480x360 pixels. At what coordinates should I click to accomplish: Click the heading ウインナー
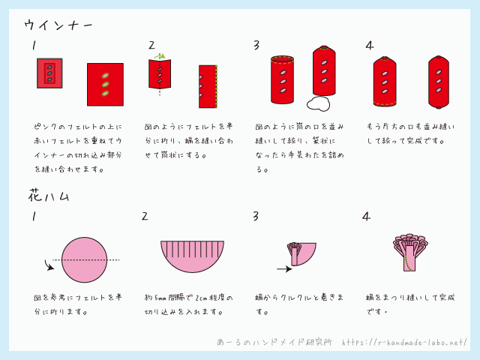coord(58,25)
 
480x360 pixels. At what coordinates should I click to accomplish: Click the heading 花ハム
coord(49,195)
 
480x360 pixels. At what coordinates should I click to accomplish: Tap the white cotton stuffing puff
coord(318,103)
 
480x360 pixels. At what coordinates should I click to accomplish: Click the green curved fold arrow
coord(160,56)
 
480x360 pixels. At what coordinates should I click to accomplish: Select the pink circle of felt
coord(85,260)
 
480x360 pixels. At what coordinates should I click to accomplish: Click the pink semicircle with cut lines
coord(192,256)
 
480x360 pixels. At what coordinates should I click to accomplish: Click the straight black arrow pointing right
coord(284,269)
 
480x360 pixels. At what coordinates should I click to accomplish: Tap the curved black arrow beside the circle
coord(49,265)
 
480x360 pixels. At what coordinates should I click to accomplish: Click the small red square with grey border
coord(49,73)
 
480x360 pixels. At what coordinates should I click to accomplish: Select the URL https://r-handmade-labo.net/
coord(404,342)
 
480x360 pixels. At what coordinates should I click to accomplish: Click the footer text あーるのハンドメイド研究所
coord(274,342)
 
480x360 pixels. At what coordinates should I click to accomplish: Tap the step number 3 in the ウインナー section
coord(256,45)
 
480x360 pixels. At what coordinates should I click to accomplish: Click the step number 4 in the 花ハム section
coord(366,217)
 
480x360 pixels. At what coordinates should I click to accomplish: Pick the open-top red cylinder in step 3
coord(282,79)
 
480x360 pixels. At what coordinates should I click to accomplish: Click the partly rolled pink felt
coord(301,254)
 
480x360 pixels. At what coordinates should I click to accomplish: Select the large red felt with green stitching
coord(105,85)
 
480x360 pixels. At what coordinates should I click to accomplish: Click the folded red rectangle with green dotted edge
coord(208,87)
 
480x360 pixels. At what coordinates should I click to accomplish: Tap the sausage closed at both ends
coord(439,82)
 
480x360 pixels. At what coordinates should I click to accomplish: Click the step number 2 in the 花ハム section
coord(145,217)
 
